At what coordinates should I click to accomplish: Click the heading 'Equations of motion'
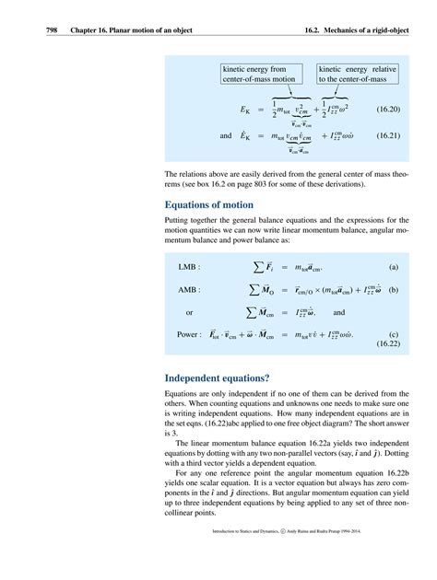pyautogui.click(x=214, y=204)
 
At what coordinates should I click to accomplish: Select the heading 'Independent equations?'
pyautogui.click(x=220, y=377)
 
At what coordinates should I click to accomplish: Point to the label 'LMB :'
pyautogui.click(x=190, y=268)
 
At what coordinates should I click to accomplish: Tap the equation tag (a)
pyautogui.click(x=393, y=268)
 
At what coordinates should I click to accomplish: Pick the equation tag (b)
pyautogui.click(x=393, y=290)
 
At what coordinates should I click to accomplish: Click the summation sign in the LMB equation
pyautogui.click(x=256, y=268)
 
